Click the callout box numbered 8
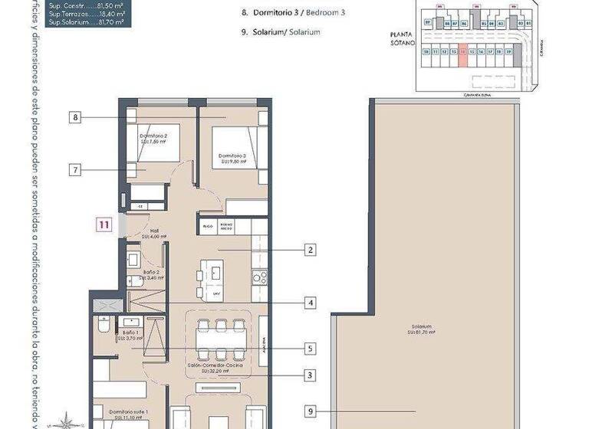[x=74, y=117]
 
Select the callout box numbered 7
[x=74, y=170]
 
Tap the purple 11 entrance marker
[x=104, y=224]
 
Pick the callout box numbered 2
[x=310, y=250]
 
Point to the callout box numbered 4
[x=310, y=303]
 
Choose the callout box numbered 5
[x=310, y=349]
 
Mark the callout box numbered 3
[x=310, y=375]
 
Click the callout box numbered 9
[x=310, y=411]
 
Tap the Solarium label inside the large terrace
[x=421, y=329]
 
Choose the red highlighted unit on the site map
[x=462, y=54]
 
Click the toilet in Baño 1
[x=102, y=328]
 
